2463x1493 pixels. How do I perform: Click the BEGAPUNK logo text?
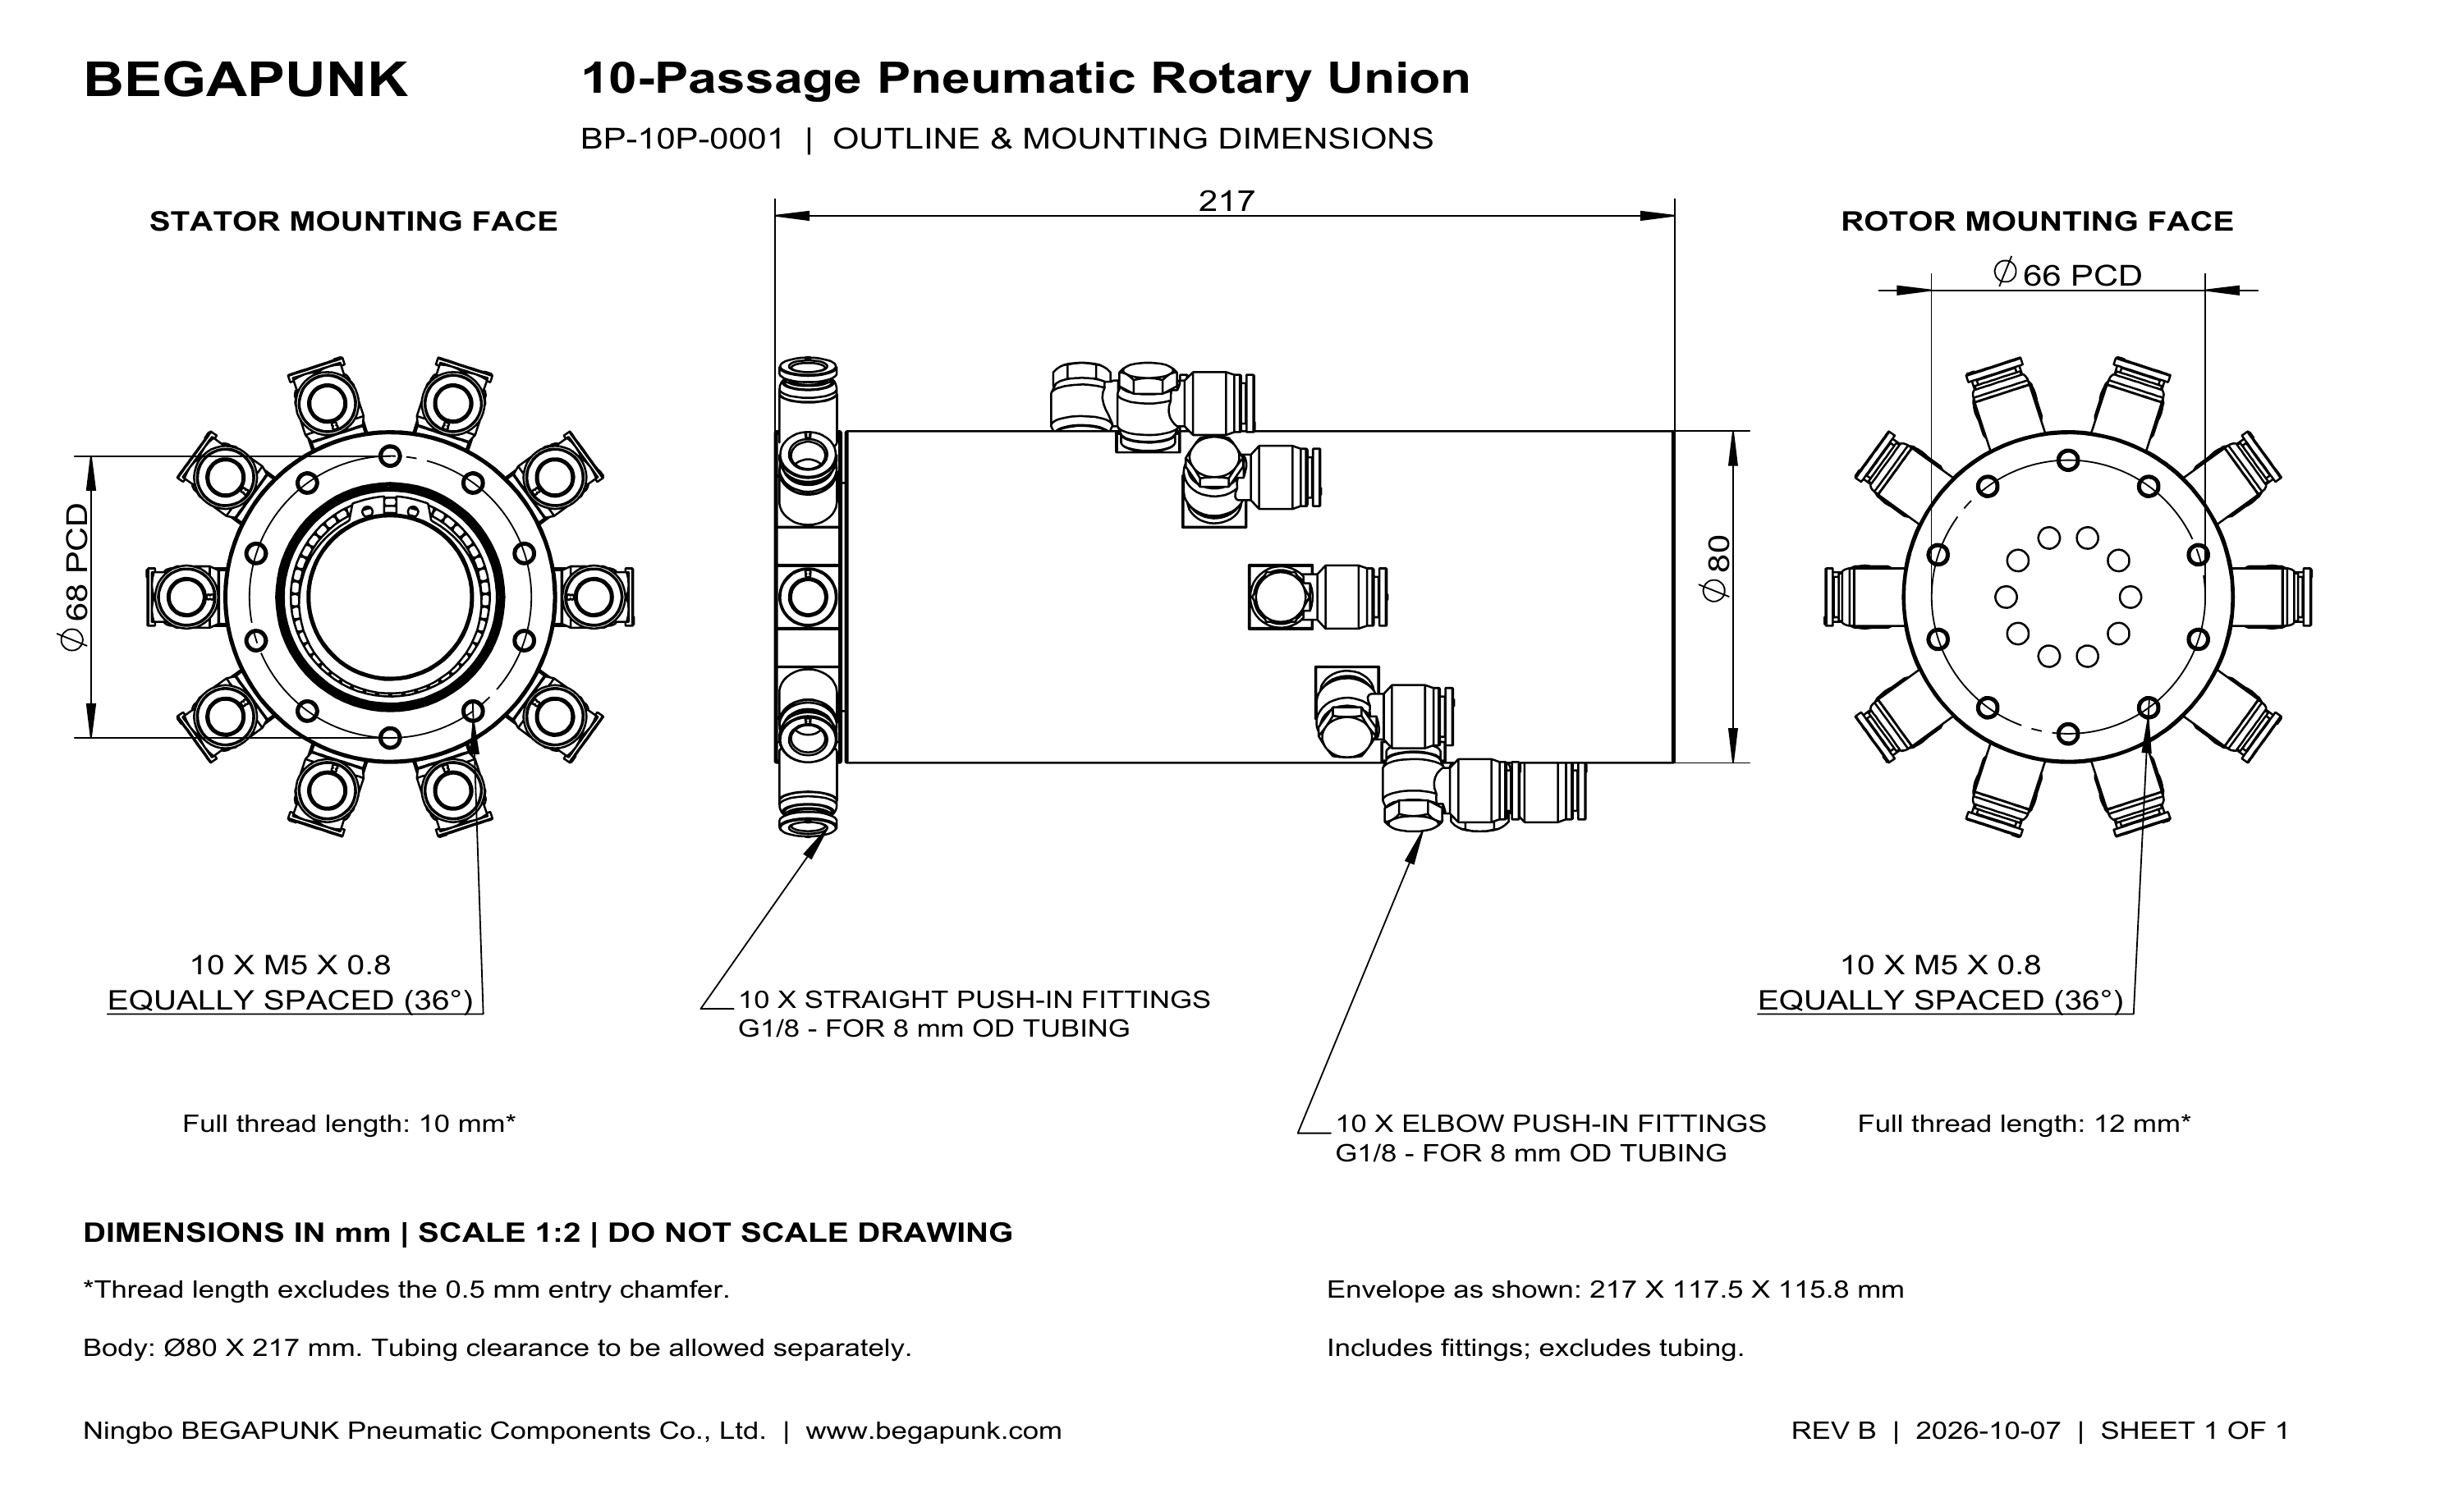246,80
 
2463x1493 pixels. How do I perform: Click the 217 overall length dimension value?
1226,201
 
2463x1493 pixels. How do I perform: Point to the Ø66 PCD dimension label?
2066,274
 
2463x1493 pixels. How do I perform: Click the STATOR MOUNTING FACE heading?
354,221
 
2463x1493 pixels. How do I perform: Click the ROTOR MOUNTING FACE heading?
2037,221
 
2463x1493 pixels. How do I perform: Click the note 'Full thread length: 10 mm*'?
349,1124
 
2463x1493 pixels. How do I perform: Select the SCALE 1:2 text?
499,1232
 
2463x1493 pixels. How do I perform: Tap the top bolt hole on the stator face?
391,456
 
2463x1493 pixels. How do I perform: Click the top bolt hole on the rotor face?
2068,460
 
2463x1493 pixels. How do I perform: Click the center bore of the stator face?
391,597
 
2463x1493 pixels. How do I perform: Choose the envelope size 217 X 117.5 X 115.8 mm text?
1746,1289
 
